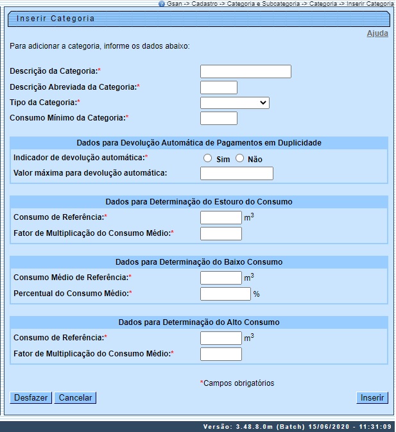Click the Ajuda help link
(377, 33)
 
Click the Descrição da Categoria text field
(246, 71)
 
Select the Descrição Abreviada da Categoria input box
(219, 88)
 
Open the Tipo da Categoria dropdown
(235, 103)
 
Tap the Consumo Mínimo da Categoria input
(219, 119)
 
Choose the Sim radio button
(207, 158)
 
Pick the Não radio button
(240, 158)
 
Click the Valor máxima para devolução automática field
(237, 174)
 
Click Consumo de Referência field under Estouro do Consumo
(221, 218)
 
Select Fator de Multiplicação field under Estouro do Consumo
(221, 233)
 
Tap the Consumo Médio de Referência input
(221, 278)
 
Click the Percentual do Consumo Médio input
(225, 294)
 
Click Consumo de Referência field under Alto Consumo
(221, 338)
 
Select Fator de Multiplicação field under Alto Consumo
(221, 354)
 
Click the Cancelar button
(75, 398)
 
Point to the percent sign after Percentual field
(256, 294)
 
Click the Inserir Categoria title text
(55, 19)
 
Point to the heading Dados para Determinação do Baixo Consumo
(199, 262)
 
